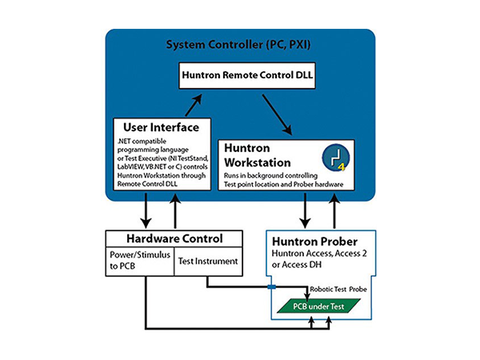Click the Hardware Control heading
point(174,238)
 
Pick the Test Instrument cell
point(208,261)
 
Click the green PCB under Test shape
point(317,306)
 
